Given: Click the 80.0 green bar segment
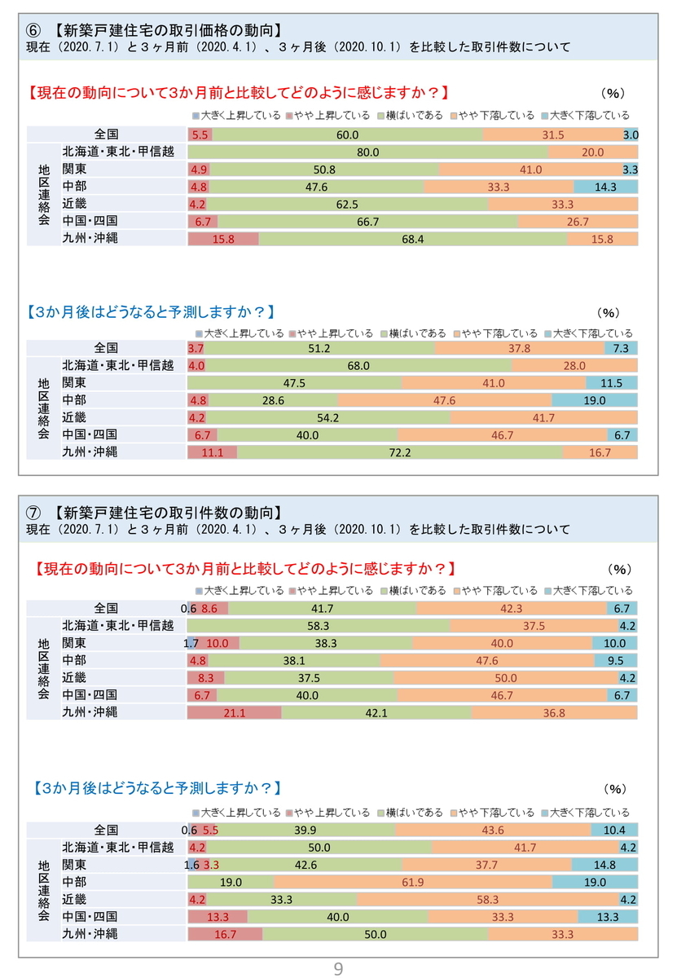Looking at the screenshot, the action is (x=367, y=152).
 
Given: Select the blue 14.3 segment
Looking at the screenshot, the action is (x=605, y=187).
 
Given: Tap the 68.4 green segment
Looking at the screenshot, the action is (x=412, y=239).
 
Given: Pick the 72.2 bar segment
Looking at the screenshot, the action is (x=399, y=452).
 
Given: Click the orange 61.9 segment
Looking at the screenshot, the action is (x=413, y=882).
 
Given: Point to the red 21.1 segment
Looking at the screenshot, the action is (x=235, y=712).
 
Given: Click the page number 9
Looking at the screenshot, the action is (x=338, y=968).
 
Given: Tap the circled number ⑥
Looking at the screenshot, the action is (x=33, y=31).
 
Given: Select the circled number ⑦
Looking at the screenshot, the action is (x=33, y=513).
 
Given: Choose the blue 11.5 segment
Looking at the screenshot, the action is (x=611, y=383).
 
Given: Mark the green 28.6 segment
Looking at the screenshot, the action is (x=273, y=400).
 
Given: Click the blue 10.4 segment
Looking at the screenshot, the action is (x=614, y=830).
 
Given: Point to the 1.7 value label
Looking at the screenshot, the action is (x=191, y=643).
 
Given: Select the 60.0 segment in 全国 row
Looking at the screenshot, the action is (x=347, y=134).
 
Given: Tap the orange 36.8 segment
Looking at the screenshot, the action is (x=554, y=712).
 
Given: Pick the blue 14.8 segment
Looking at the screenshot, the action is (x=604, y=865).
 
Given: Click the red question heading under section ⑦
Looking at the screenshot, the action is (x=244, y=569).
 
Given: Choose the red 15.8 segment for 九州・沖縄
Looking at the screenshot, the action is (x=223, y=239).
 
